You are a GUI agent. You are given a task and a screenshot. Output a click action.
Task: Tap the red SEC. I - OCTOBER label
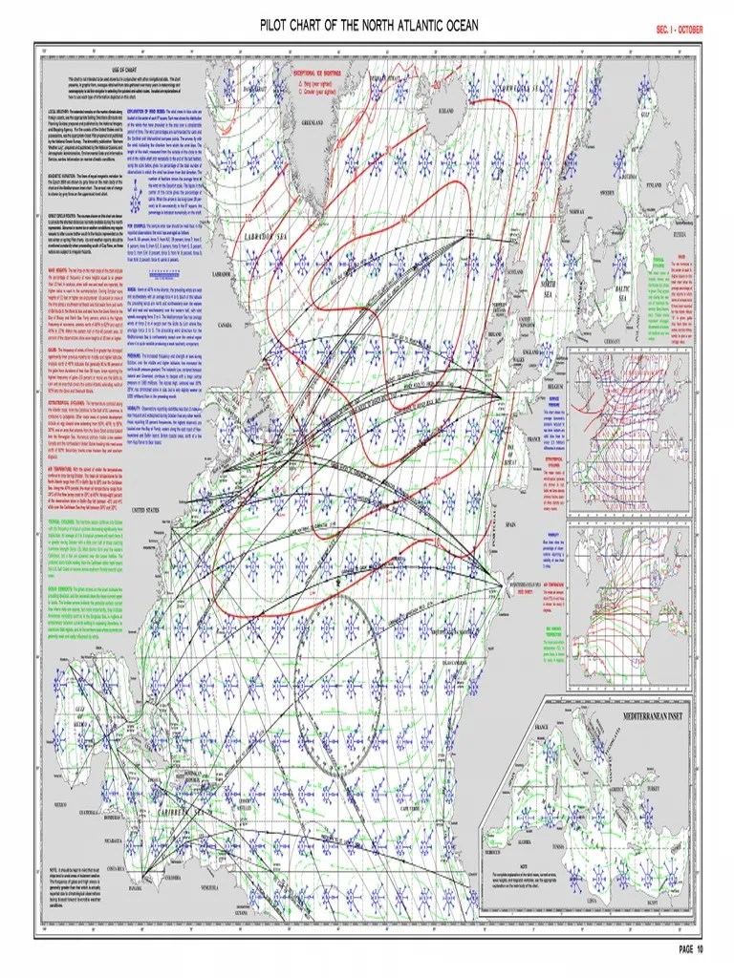(x=679, y=30)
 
